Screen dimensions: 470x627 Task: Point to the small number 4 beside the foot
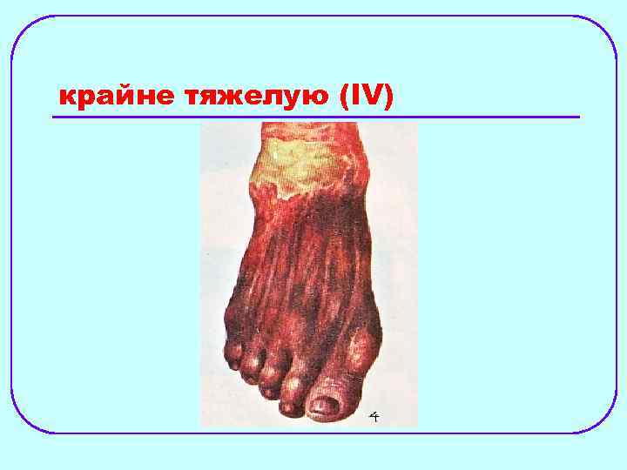coord(374,417)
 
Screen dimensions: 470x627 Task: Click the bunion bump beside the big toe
coord(363,343)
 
